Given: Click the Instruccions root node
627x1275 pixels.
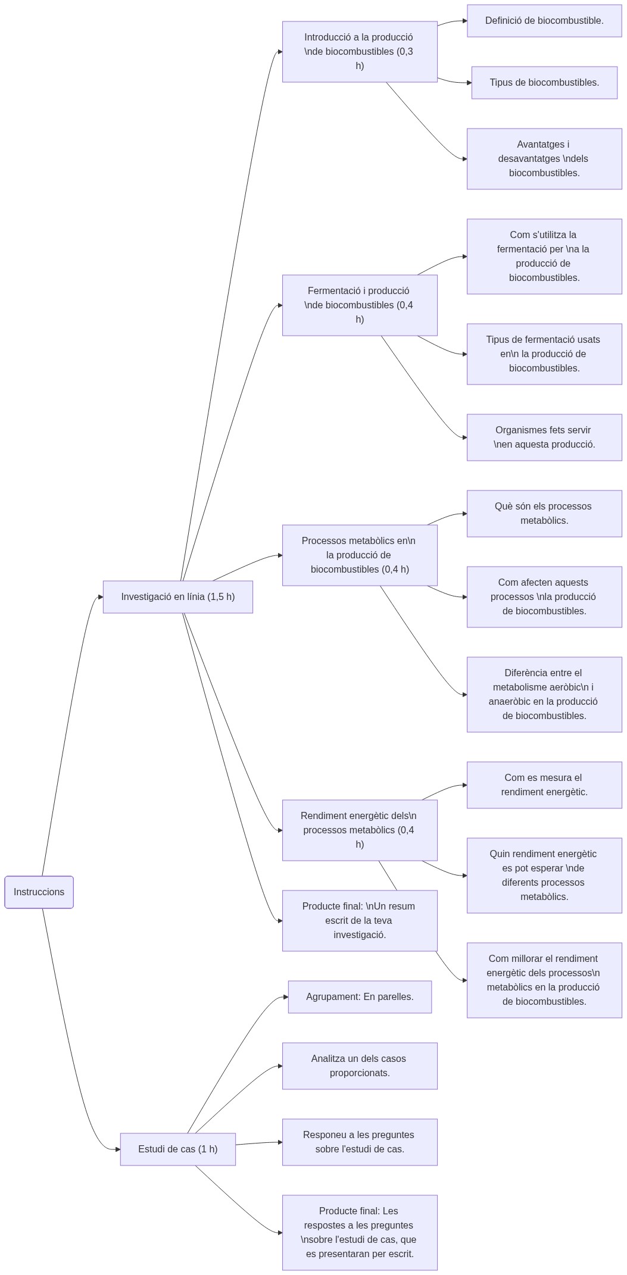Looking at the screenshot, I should pyautogui.click(x=39, y=892).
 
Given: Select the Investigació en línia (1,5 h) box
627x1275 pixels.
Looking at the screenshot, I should pyautogui.click(x=177, y=596).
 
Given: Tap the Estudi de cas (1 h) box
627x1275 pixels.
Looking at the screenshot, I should pyautogui.click(x=177, y=1149).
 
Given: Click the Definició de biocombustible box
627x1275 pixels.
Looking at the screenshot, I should pyautogui.click(x=544, y=21).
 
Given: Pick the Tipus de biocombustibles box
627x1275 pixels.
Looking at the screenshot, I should pyautogui.click(x=544, y=83).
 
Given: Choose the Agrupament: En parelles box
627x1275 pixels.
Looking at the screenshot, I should pyautogui.click(x=360, y=996).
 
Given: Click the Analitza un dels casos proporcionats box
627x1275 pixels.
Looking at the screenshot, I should pyautogui.click(x=360, y=1065).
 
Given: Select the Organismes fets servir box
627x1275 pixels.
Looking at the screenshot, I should pyautogui.click(x=544, y=437).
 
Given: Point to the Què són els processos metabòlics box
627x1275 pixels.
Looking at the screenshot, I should pyautogui.click(x=544, y=513).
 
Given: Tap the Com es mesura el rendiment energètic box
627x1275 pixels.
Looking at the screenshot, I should pyautogui.click(x=544, y=785).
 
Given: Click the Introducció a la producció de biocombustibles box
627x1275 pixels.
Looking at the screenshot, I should pyautogui.click(x=360, y=52).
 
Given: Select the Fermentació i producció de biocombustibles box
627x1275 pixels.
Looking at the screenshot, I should pyautogui.click(x=360, y=305).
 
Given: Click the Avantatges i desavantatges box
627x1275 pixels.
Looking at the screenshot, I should pyautogui.click(x=544, y=158).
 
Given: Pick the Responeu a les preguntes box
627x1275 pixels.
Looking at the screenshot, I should pyautogui.click(x=360, y=1142).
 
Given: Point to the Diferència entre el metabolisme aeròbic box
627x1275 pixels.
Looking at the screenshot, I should pyautogui.click(x=544, y=694).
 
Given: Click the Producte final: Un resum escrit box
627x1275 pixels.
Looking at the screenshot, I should pyautogui.click(x=360, y=920).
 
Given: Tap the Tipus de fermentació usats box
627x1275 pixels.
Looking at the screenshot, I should pyautogui.click(x=544, y=354).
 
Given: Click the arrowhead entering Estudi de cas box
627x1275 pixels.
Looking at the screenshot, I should pyautogui.click(x=117, y=1149).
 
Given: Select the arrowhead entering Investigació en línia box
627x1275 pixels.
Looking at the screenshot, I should pyautogui.click(x=100, y=597).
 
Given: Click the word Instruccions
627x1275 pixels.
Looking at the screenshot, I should pyautogui.click(x=39, y=892).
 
